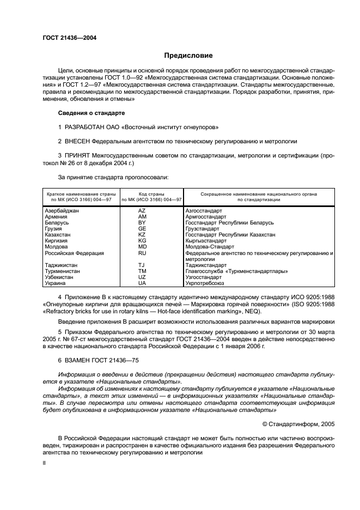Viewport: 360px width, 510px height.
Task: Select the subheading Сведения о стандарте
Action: [91, 113]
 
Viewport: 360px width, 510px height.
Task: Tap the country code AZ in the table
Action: [142, 210]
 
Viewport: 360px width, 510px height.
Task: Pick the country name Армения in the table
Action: [56, 216]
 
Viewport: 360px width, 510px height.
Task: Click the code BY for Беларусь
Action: [142, 222]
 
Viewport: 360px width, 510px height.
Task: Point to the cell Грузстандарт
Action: [202, 228]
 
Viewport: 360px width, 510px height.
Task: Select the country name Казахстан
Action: [58, 234]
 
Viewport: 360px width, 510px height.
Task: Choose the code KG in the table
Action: [142, 240]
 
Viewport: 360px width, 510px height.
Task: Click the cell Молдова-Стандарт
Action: [209, 246]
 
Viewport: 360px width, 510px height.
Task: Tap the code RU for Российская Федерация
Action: [142, 253]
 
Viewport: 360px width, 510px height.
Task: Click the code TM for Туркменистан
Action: [142, 271]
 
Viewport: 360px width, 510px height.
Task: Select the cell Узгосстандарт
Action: [204, 277]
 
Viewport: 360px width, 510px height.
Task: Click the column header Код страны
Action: [143, 193]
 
